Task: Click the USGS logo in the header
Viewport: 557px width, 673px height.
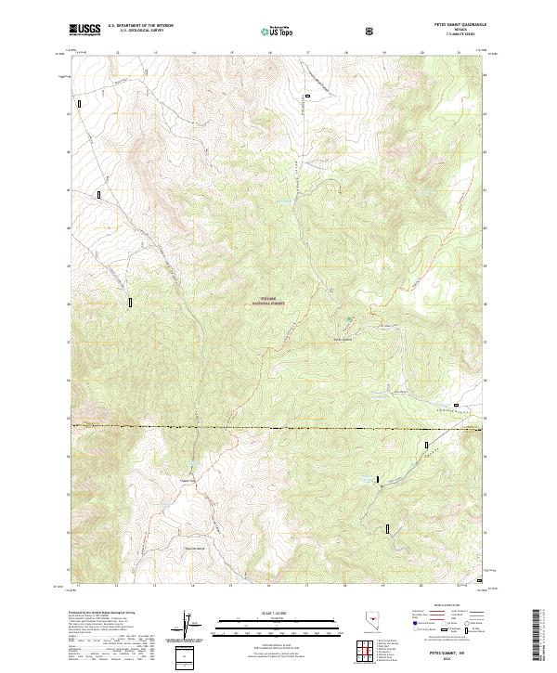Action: point(85,30)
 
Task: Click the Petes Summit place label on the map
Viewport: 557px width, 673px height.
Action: point(343,339)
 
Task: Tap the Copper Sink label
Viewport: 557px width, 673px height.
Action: point(189,480)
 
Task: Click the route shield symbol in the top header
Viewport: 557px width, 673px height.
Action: point(371,31)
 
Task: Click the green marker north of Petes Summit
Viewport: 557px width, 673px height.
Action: point(350,320)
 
